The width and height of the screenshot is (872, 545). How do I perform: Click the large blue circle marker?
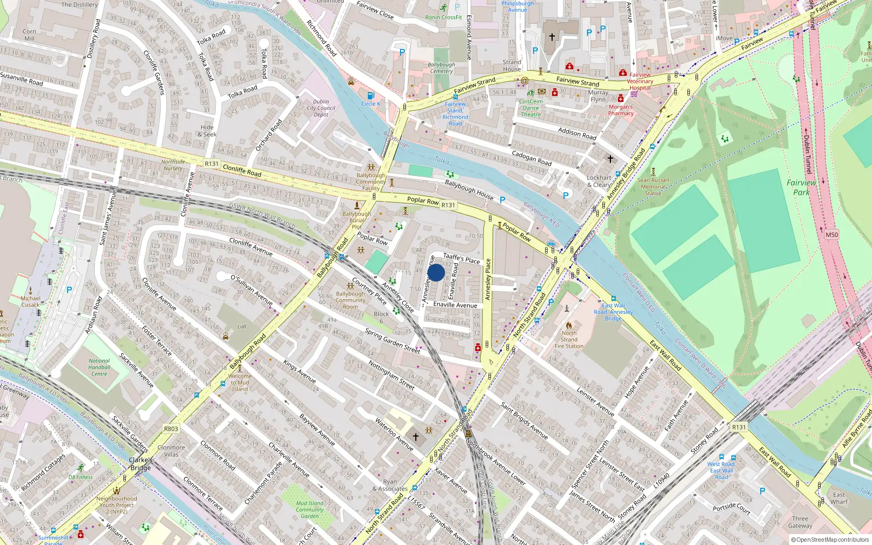click(x=436, y=272)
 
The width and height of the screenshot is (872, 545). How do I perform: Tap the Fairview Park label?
click(x=801, y=187)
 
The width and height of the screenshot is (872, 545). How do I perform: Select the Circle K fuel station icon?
click(x=371, y=96)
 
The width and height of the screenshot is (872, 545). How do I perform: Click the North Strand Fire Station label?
click(x=569, y=340)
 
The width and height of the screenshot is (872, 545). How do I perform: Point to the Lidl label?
click(x=242, y=327)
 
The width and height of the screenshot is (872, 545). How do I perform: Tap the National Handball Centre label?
click(x=99, y=367)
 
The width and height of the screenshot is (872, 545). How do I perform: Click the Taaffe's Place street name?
click(x=461, y=258)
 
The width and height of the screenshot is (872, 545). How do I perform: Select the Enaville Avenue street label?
click(x=455, y=305)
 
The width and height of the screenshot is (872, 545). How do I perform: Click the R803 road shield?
click(x=171, y=429)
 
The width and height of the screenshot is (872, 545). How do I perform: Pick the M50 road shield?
click(x=832, y=235)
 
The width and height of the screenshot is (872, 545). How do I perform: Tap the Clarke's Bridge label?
click(x=141, y=464)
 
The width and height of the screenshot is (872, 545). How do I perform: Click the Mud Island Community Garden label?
click(x=310, y=510)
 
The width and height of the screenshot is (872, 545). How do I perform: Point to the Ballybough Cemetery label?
click(x=441, y=68)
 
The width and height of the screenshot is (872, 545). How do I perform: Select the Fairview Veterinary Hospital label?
click(x=640, y=82)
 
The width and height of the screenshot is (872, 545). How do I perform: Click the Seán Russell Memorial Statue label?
click(x=653, y=186)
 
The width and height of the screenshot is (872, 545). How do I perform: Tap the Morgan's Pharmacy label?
click(x=621, y=110)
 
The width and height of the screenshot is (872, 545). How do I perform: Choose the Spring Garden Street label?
click(x=392, y=341)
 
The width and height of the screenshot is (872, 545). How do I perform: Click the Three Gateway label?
click(x=800, y=522)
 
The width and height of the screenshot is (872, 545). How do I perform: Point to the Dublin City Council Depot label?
click(x=321, y=108)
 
